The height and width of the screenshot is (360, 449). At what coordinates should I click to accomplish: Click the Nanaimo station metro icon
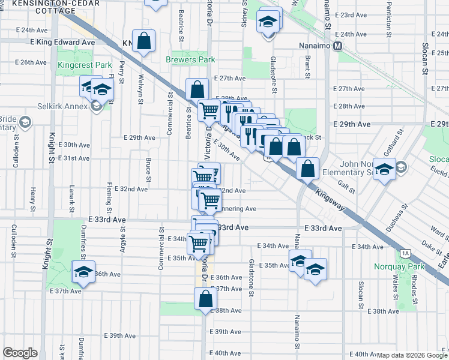[338, 46]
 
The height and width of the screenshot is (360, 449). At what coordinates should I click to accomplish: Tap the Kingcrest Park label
[76, 64]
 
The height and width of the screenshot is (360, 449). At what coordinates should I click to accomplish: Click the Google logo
[20, 353]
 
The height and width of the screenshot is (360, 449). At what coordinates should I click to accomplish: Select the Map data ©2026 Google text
[412, 355]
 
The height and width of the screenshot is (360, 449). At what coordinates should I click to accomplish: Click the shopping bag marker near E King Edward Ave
[145, 41]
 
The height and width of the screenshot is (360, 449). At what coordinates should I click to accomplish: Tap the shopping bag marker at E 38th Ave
[205, 298]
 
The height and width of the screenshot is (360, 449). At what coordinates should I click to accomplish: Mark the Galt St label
[343, 187]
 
